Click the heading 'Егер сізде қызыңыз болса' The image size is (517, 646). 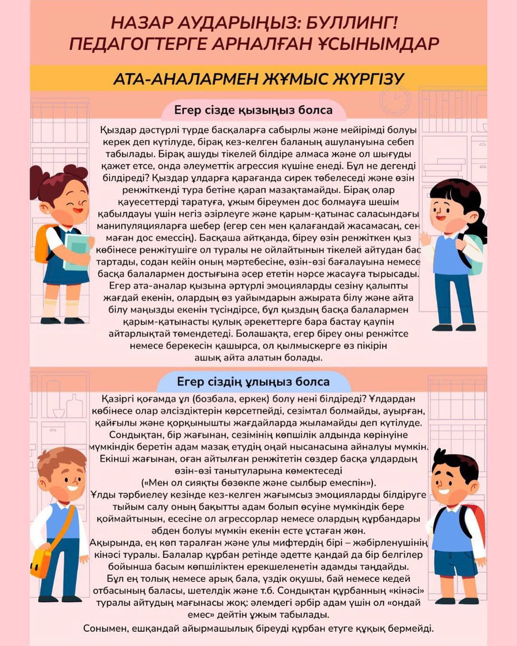click(x=253, y=110)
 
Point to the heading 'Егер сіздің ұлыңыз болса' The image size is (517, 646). click(x=253, y=382)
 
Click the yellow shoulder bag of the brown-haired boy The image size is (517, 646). click(x=41, y=563)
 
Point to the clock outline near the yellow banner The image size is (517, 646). click(x=395, y=101)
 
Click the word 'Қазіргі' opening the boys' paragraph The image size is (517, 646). click(x=118, y=399)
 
